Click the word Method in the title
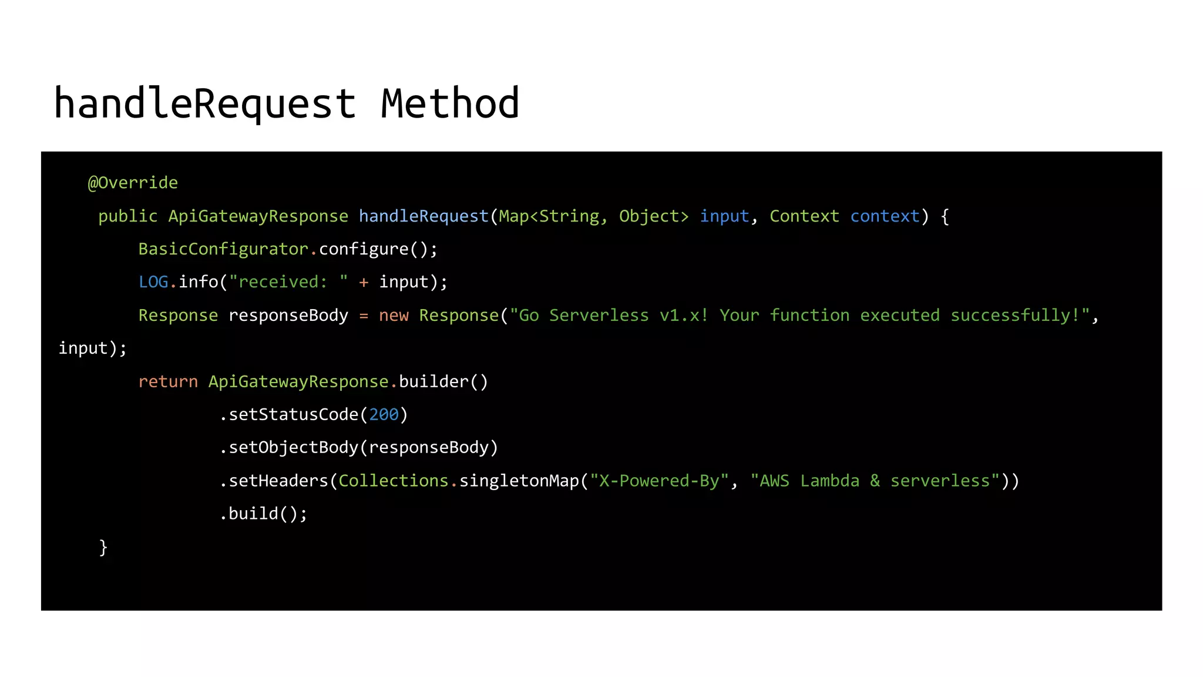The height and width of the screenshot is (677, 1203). coord(450,104)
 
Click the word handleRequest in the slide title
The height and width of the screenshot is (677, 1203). coord(204,104)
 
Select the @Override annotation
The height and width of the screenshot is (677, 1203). coord(133,183)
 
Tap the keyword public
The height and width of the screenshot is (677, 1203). coord(127,216)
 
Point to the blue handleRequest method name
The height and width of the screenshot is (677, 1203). coord(424,216)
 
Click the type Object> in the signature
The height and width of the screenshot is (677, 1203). coord(653,216)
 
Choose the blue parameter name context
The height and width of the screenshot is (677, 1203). coord(885,216)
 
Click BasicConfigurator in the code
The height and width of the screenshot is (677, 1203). coord(223,249)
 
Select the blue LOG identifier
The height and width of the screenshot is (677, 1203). coord(153,282)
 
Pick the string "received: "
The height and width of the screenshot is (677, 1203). coord(288,282)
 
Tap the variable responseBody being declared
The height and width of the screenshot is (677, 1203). coord(288,316)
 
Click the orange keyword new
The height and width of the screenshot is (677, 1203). coord(394,316)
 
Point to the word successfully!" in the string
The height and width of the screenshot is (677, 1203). coord(1020,316)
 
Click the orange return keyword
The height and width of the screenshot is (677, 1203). coord(168,382)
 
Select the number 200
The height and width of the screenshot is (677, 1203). coord(384,415)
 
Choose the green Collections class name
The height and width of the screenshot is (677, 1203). coord(394,481)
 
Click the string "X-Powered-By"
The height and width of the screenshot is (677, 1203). coord(659,481)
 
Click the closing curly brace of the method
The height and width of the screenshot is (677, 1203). coord(103,547)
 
